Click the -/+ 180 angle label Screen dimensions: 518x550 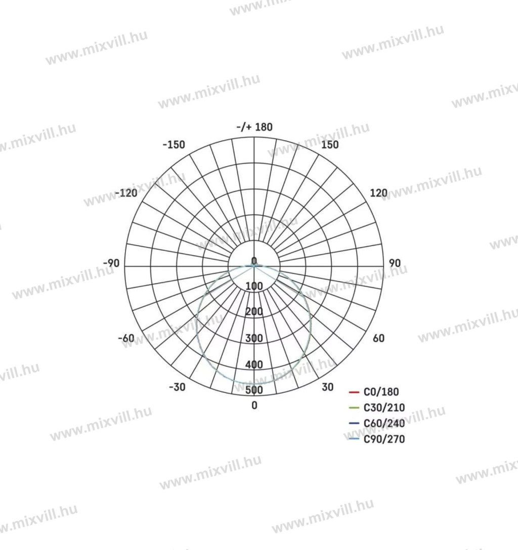[x=254, y=126]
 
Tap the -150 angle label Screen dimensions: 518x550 [x=174, y=145]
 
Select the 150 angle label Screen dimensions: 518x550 [x=330, y=145]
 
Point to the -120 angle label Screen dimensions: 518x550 [x=126, y=193]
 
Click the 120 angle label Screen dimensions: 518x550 [x=379, y=193]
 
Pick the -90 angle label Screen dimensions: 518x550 [x=111, y=263]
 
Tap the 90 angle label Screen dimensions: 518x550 [x=395, y=263]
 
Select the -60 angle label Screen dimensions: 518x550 [x=126, y=338]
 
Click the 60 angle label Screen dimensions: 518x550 [x=378, y=338]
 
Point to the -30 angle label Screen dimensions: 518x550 [x=177, y=387]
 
